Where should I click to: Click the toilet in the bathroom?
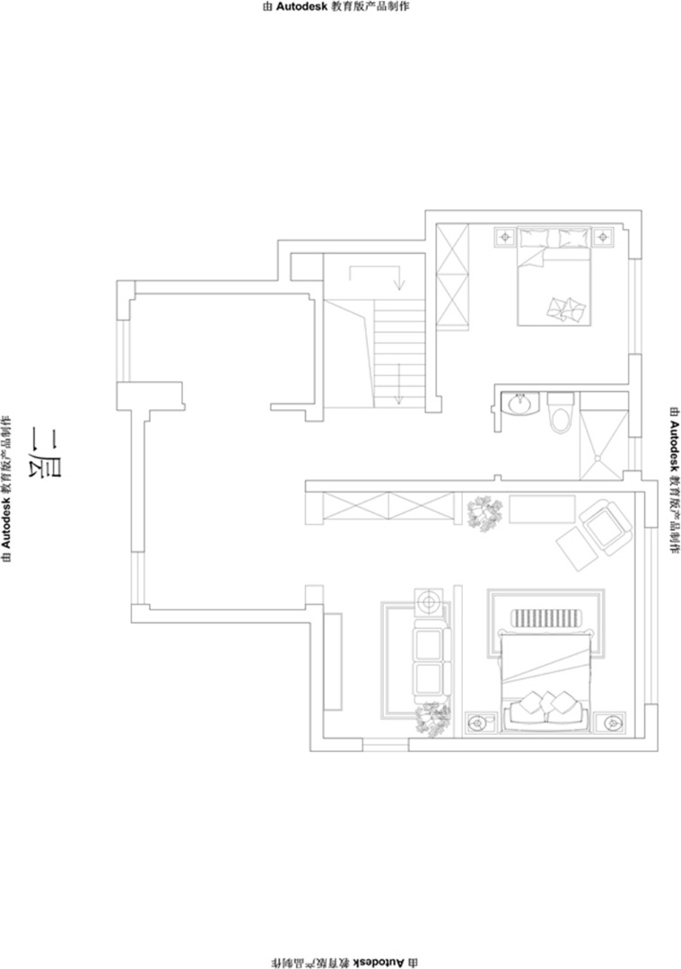pos(562,412)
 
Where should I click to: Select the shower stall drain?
pos(598,458)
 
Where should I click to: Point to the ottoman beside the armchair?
pos(576,547)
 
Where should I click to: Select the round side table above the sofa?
pos(430,601)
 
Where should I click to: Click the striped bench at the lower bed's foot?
pos(545,617)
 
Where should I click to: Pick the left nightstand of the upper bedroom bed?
pos(505,237)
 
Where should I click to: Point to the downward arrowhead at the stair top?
pos(400,285)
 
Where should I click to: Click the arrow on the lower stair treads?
pos(399,384)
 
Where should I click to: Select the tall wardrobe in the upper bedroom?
pos(452,276)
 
